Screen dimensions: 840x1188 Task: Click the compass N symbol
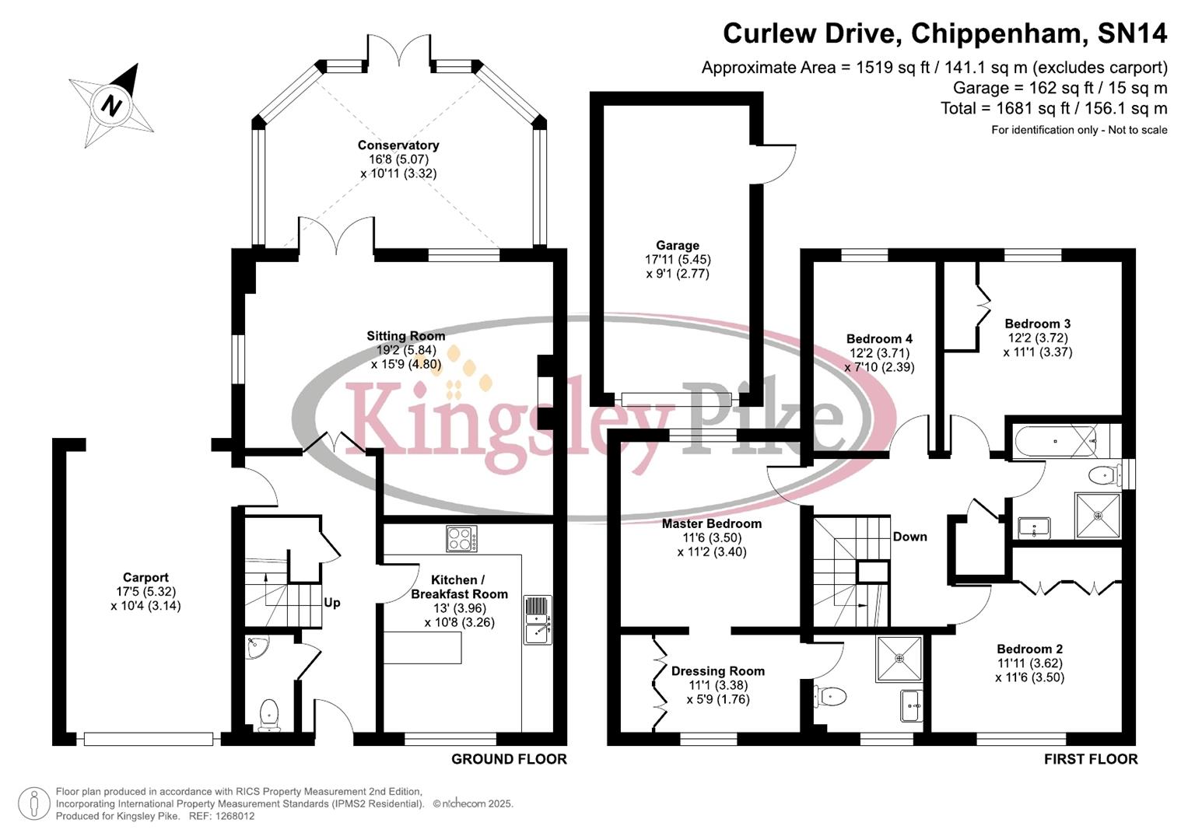114,104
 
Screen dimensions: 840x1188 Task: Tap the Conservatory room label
398,145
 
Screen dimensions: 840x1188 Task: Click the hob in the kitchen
461,538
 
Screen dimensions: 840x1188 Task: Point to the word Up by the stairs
332,603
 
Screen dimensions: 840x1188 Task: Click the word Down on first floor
909,537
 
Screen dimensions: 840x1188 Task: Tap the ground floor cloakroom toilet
268,714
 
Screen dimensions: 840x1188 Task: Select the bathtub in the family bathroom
1055,441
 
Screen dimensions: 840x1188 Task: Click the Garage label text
677,246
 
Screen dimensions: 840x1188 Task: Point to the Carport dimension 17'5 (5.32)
145,592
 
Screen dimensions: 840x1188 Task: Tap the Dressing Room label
717,671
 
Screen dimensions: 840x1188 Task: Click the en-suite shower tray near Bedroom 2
899,658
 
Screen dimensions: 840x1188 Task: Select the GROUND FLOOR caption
509,759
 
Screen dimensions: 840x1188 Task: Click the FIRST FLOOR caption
1091,759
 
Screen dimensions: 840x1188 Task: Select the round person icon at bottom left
33,803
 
